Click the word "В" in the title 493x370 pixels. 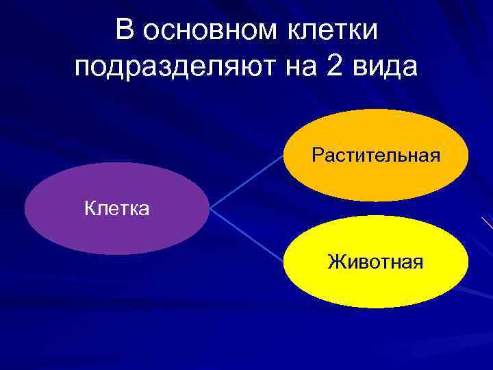[x=125, y=30]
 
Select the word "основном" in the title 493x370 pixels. [x=207, y=30]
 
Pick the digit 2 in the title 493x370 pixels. [x=345, y=67]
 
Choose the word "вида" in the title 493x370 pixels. [x=389, y=67]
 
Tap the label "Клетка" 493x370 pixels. [x=116, y=208]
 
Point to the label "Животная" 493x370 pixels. [x=375, y=261]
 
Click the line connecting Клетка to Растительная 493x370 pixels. [x=246, y=181]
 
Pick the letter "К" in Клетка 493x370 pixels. [x=90, y=208]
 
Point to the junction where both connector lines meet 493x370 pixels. [x=210, y=208]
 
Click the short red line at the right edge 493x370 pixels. [x=488, y=223]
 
